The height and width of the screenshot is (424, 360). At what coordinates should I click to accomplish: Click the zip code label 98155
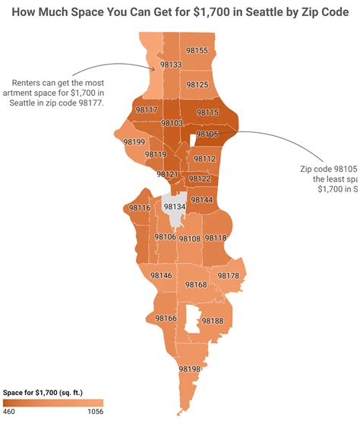[x=197, y=50]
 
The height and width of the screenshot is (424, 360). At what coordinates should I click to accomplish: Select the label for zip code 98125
[x=197, y=84]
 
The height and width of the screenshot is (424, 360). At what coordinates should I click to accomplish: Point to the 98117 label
[x=146, y=110]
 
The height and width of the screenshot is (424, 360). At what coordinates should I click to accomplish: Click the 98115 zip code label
[x=207, y=112]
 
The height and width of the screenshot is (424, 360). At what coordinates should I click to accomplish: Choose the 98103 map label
[x=172, y=123]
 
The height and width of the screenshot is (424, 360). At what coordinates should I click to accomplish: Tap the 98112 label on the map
[x=205, y=159]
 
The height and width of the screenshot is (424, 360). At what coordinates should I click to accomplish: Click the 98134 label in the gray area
[x=175, y=207]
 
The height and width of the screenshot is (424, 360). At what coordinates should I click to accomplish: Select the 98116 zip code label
[x=140, y=207]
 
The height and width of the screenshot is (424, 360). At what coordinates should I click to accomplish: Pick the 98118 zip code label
[x=215, y=238]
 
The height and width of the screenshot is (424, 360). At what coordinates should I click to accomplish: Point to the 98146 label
[x=161, y=275]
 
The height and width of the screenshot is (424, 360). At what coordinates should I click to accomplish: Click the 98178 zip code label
[x=228, y=275]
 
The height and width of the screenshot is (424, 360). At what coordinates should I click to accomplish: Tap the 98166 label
[x=166, y=318]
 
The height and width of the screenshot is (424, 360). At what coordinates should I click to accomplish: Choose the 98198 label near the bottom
[x=189, y=369]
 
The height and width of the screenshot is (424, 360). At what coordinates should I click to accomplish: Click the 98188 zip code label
[x=213, y=321]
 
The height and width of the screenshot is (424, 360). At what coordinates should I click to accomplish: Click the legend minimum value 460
[x=9, y=412]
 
